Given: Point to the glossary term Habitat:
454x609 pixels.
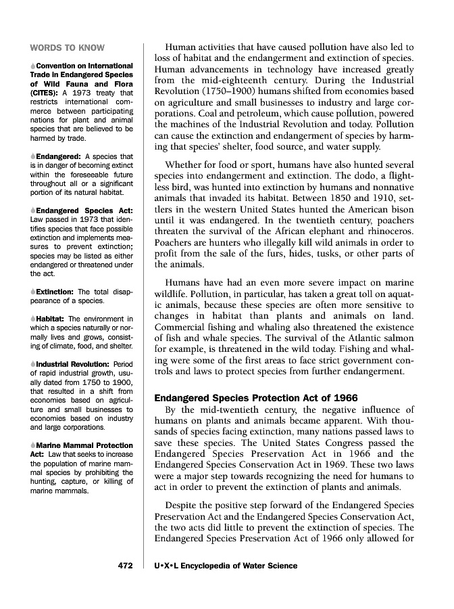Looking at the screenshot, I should pyautogui.click(x=51, y=319).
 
